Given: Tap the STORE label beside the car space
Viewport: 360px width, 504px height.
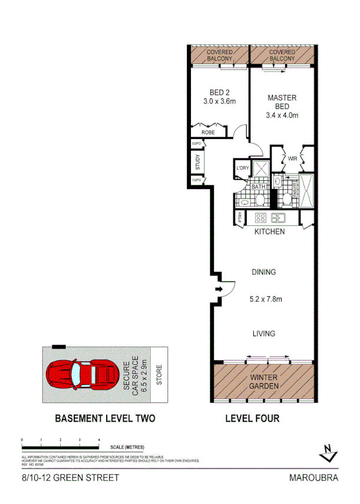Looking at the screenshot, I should (x=159, y=374).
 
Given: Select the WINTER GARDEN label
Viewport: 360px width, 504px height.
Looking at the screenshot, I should (x=263, y=382).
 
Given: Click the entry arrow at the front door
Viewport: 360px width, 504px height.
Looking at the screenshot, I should (x=220, y=289).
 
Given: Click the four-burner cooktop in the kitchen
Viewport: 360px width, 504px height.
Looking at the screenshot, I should (x=261, y=217).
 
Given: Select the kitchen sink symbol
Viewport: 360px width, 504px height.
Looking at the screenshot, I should (x=278, y=217).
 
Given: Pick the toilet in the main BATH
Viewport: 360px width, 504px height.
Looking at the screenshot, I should (x=259, y=200).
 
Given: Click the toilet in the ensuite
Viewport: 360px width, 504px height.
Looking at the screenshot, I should (x=286, y=200).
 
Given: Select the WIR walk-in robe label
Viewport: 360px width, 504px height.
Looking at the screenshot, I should (x=292, y=158).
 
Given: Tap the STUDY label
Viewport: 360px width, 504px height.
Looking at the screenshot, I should (x=197, y=161).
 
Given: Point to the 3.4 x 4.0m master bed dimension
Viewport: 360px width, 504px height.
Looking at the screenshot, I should (x=282, y=115).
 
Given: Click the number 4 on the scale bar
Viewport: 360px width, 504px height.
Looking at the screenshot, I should (x=98, y=440).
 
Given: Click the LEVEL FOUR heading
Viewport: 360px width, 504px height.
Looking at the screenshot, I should (x=252, y=419).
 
